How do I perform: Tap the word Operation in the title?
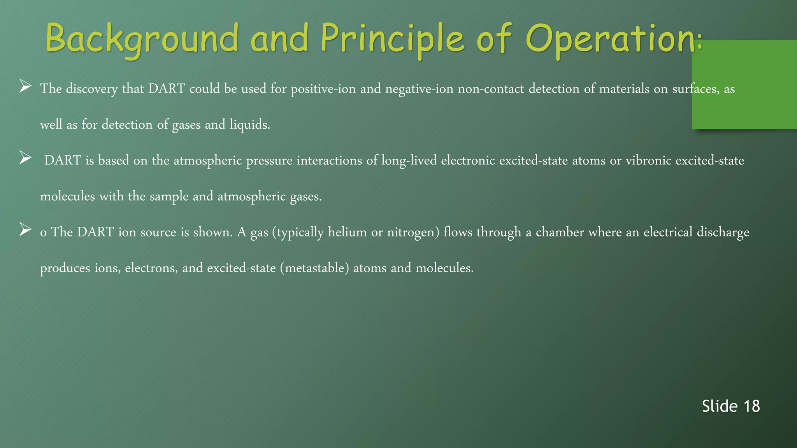click(611, 39)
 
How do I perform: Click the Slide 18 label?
click(730, 406)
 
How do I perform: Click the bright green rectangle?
click(744, 84)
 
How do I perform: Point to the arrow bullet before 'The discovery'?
click(25, 86)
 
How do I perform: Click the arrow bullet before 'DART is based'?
click(25, 158)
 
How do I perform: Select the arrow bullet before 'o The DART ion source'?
click(25, 229)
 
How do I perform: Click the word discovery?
click(91, 89)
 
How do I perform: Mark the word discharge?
click(723, 232)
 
